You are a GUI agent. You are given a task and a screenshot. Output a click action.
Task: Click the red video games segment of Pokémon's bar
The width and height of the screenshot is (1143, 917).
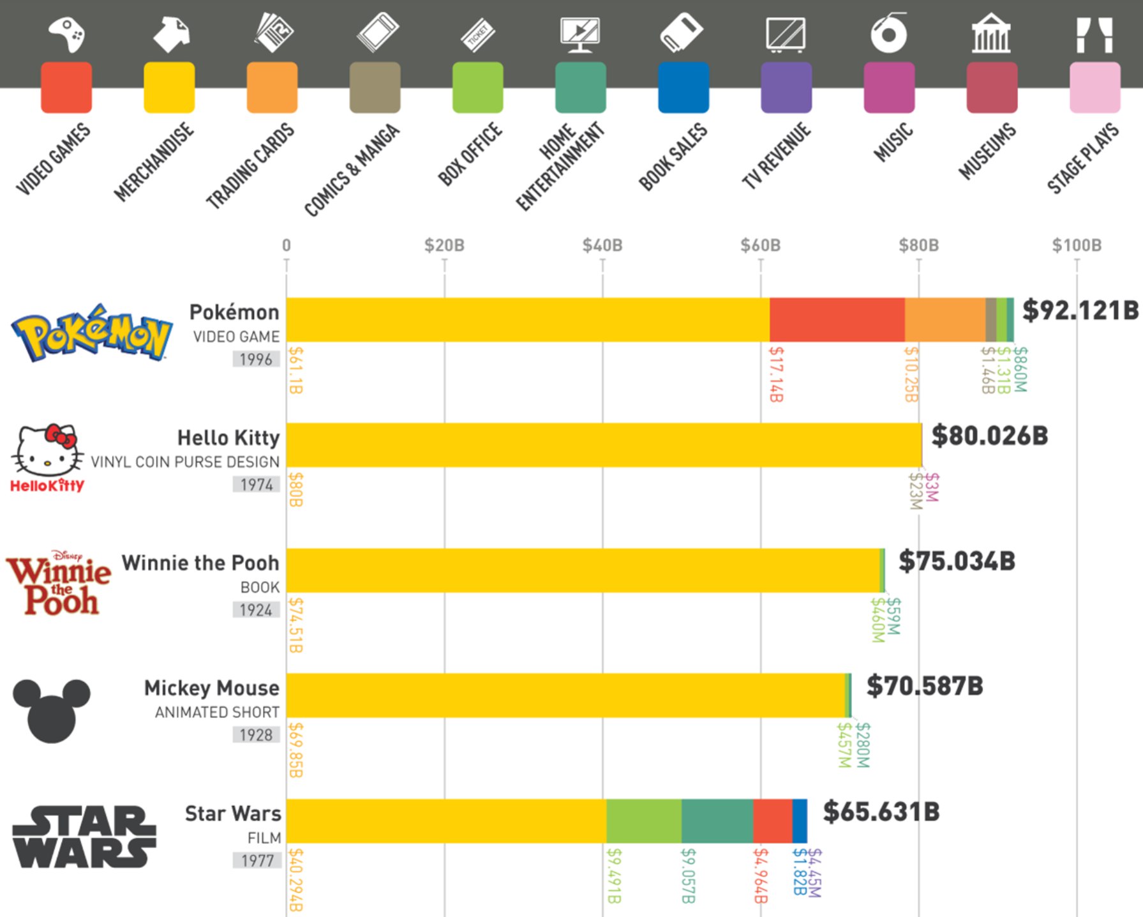(x=837, y=320)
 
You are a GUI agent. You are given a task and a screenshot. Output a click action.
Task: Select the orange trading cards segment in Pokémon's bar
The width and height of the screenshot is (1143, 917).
(x=945, y=320)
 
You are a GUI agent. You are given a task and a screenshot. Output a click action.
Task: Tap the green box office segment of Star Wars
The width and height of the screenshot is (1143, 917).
(x=643, y=821)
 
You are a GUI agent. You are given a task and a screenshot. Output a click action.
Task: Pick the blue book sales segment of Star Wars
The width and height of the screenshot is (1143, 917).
(x=800, y=821)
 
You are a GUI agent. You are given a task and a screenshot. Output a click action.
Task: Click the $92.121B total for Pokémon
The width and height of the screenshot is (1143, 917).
(x=1080, y=310)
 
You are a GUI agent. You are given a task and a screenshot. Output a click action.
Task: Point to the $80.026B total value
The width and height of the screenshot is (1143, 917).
(x=989, y=436)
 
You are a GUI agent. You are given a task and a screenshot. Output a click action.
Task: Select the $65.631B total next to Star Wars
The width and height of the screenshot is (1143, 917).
(x=881, y=812)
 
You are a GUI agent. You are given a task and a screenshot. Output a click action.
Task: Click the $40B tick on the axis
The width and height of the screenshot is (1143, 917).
(x=602, y=245)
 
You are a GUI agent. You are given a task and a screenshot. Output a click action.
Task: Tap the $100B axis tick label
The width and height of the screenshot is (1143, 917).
(x=1076, y=245)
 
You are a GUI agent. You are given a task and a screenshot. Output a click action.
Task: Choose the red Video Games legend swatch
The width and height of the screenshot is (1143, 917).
(x=66, y=87)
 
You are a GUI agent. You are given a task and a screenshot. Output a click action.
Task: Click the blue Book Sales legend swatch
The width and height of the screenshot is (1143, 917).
(x=683, y=87)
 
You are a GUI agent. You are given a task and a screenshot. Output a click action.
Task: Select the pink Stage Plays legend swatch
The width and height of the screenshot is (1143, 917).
(x=1094, y=87)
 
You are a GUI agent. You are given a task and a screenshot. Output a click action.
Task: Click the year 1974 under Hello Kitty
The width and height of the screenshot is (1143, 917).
(x=256, y=485)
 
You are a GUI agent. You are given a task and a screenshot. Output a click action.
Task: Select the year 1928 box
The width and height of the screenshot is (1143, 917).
(x=256, y=735)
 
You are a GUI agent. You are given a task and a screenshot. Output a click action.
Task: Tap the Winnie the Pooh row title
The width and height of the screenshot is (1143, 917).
(x=200, y=563)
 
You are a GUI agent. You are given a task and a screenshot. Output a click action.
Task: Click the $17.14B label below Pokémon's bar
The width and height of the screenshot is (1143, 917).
(x=776, y=374)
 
